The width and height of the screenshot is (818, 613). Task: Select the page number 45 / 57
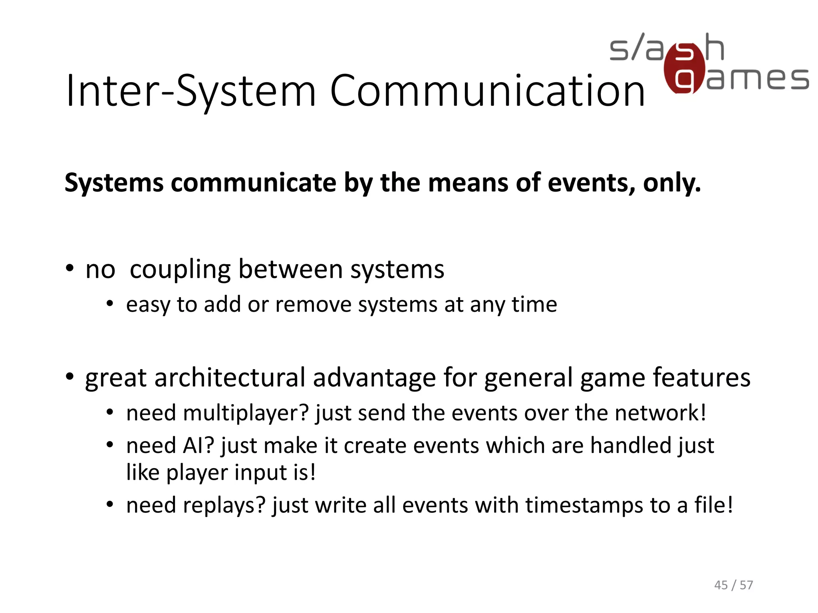pos(733,585)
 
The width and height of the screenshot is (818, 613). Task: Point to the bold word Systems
pos(114,183)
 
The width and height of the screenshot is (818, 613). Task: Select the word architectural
pos(230,378)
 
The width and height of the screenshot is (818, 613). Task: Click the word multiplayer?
pos(246,413)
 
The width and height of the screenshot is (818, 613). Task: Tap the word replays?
pos(224,505)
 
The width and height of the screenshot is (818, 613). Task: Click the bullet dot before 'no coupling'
pos(70,269)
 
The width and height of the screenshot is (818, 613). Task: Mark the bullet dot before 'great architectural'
pos(70,377)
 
